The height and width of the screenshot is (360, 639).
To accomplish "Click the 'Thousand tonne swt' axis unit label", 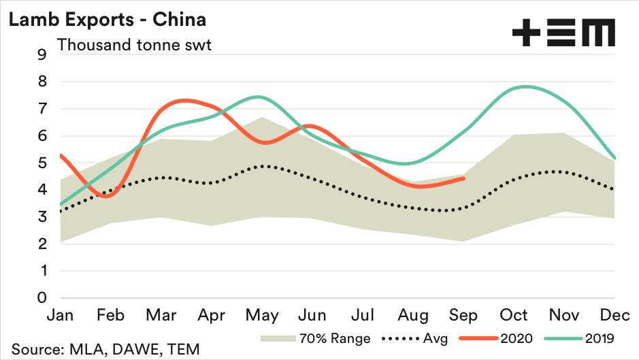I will coord(134,46).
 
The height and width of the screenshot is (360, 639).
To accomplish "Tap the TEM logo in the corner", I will coord(563,32).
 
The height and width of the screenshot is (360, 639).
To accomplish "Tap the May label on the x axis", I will coord(262,316).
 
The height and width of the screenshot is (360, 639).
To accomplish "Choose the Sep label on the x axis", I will coord(464,316).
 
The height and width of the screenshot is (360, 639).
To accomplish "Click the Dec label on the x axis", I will coord(615,316).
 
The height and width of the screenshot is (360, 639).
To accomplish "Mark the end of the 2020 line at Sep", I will coord(464,178).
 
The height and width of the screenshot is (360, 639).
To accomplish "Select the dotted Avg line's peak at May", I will coord(262,166).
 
